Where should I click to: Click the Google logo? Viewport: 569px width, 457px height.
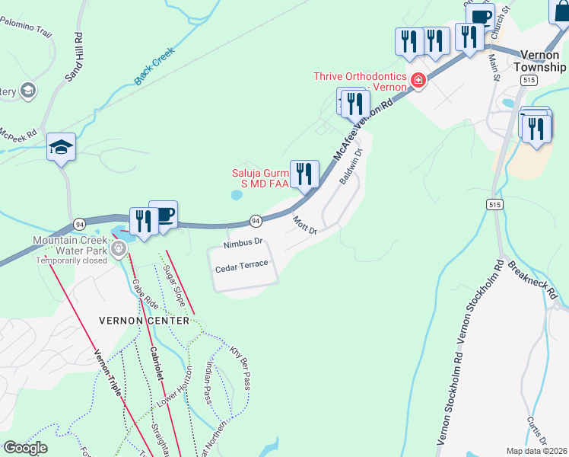pyautogui.click(x=25, y=448)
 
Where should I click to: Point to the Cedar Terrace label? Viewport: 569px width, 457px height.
pyautogui.click(x=241, y=265)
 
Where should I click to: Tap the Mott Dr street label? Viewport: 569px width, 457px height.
pyautogui.click(x=304, y=225)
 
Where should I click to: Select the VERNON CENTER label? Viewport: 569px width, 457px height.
pyautogui.click(x=144, y=321)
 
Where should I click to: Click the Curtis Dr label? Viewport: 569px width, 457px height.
pyautogui.click(x=537, y=430)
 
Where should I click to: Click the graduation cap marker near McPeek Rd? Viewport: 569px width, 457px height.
pyautogui.click(x=60, y=147)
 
